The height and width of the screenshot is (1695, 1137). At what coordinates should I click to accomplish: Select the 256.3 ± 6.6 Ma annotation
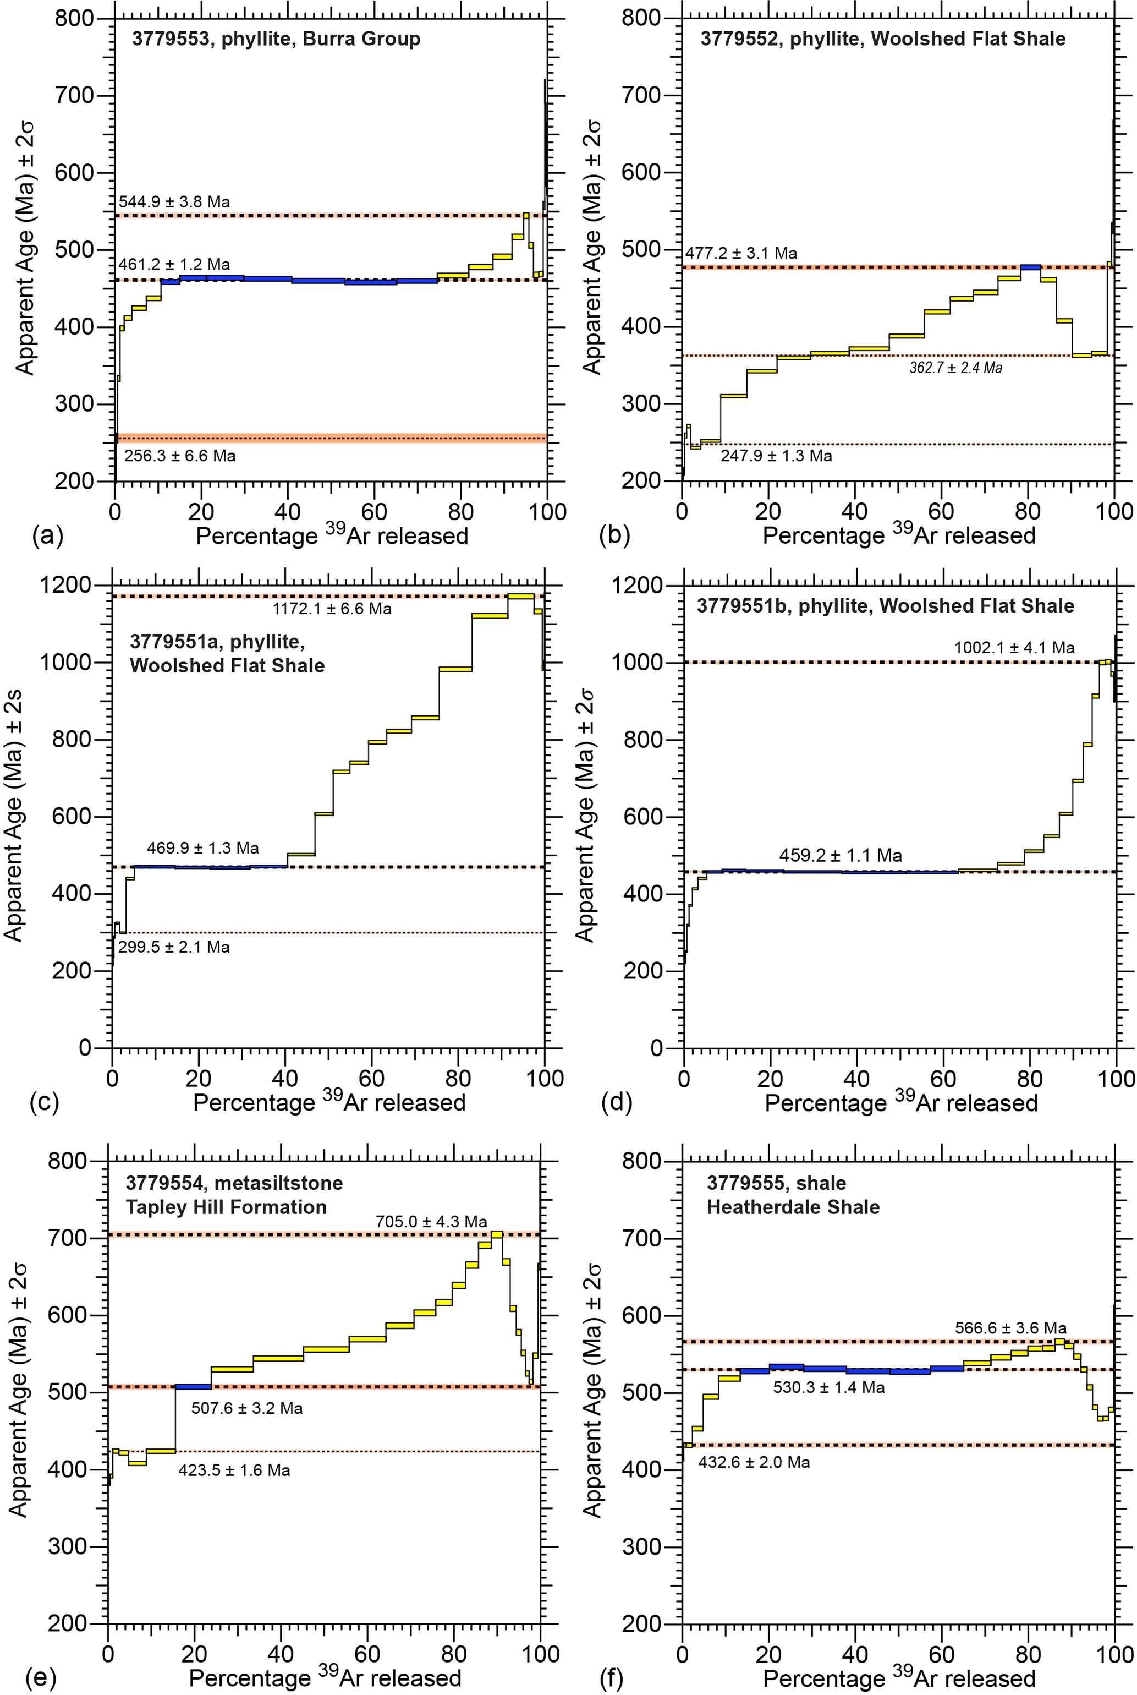pyautogui.click(x=180, y=456)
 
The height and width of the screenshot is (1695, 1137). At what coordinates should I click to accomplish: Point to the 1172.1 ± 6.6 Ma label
pyautogui.click(x=332, y=609)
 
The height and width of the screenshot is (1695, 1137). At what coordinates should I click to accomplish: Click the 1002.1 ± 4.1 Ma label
pyautogui.click(x=1014, y=648)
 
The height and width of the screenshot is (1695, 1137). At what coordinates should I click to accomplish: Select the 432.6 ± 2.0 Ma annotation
pyautogui.click(x=754, y=1462)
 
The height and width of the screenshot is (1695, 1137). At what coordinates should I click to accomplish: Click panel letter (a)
pyautogui.click(x=48, y=535)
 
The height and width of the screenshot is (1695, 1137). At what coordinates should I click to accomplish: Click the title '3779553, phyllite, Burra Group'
pyautogui.click(x=276, y=39)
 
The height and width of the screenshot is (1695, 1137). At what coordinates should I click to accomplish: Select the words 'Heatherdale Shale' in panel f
pyautogui.click(x=793, y=1207)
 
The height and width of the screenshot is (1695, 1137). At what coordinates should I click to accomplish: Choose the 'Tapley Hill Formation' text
pyautogui.click(x=226, y=1207)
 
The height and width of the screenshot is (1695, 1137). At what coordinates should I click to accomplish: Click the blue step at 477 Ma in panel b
pyautogui.click(x=1030, y=267)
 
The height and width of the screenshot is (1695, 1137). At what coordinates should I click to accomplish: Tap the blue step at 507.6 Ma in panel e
pyautogui.click(x=194, y=1387)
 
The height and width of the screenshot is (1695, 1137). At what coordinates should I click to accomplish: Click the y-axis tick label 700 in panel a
pyautogui.click(x=75, y=96)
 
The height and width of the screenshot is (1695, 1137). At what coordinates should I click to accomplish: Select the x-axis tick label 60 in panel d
pyautogui.click(x=943, y=1079)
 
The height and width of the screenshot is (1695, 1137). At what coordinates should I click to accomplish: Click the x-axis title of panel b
pyautogui.click(x=898, y=535)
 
